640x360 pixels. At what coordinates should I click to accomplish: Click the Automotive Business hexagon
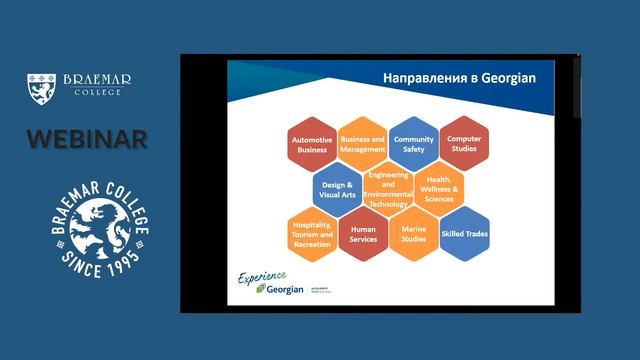pyautogui.click(x=311, y=145)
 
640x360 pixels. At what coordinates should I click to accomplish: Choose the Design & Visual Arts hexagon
pyautogui.click(x=337, y=188)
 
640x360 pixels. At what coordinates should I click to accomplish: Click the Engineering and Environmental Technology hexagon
pyautogui.click(x=387, y=188)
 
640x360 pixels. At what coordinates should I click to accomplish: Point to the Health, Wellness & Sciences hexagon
pyautogui.click(x=438, y=188)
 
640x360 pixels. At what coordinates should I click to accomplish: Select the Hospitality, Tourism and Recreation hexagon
pyautogui.click(x=311, y=233)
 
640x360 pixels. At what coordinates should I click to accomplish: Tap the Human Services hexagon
pyautogui.click(x=362, y=233)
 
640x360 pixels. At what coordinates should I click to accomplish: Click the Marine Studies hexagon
pyautogui.click(x=413, y=233)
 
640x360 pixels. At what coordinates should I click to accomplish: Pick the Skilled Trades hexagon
pyautogui.click(x=464, y=233)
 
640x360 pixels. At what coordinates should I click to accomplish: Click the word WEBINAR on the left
pyautogui.click(x=87, y=139)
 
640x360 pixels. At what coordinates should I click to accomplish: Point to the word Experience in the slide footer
pyautogui.click(x=262, y=276)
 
